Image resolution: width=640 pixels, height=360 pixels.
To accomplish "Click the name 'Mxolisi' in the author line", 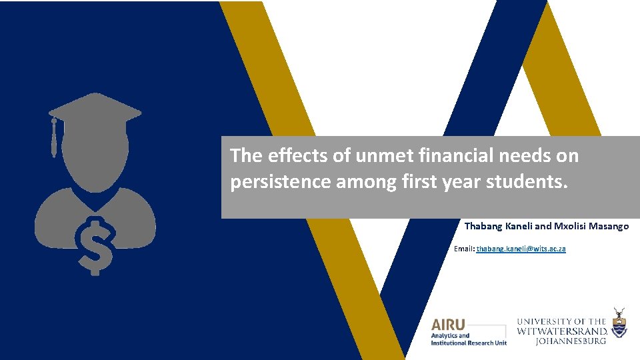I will (x=568, y=227).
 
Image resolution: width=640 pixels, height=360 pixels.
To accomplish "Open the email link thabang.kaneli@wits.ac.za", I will (x=521, y=249).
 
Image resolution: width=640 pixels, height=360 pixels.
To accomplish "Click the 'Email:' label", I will (x=464, y=249).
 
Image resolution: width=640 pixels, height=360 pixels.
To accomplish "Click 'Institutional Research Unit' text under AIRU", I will (x=469, y=343).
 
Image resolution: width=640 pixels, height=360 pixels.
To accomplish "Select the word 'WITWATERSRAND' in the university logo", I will (x=562, y=331).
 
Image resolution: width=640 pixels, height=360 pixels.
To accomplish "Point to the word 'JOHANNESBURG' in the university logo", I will (x=571, y=341).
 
